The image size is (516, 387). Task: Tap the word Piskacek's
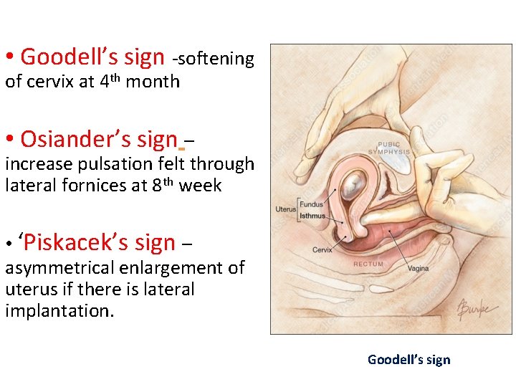77,243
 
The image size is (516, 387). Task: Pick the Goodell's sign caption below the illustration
409,360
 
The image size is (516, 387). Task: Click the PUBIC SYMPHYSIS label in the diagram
389,148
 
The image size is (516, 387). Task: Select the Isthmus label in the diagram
312,216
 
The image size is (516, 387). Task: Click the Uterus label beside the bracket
285,210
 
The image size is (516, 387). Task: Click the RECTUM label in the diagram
368,264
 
